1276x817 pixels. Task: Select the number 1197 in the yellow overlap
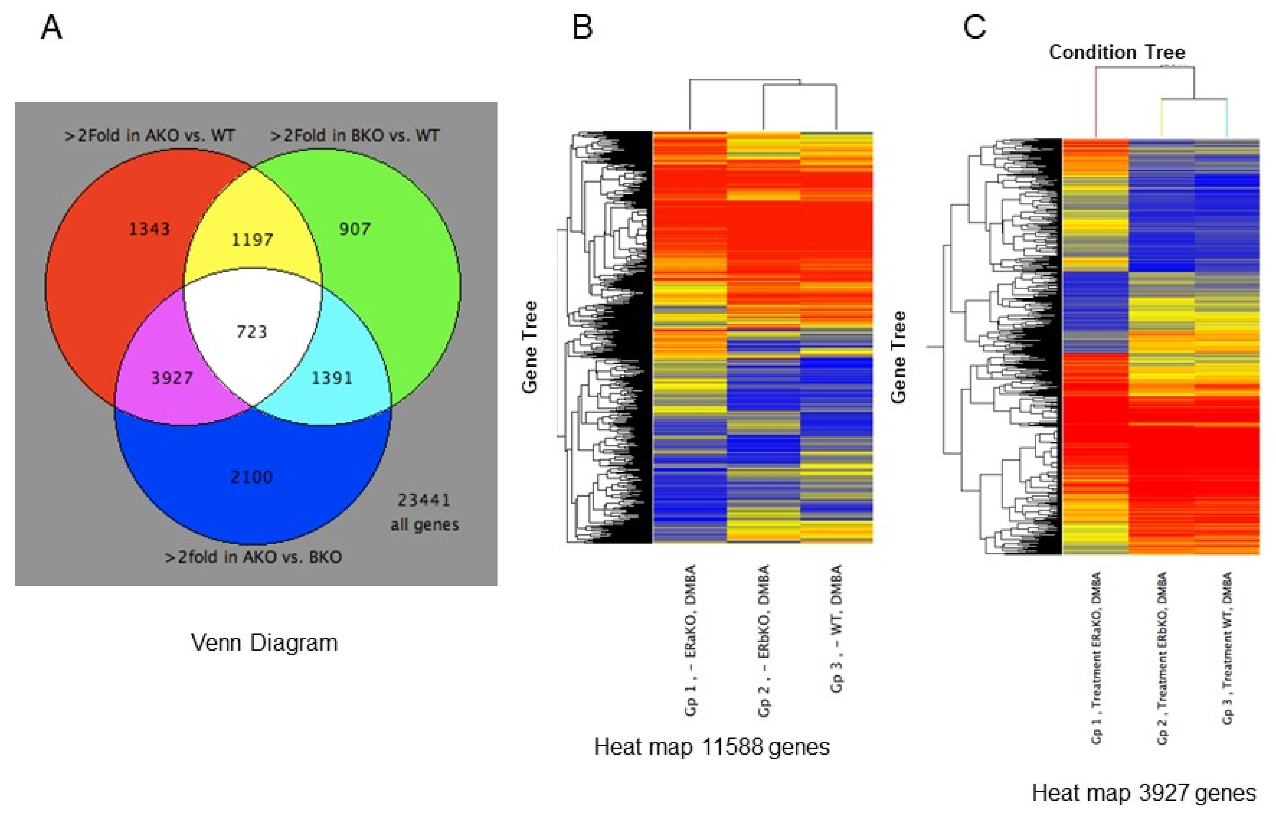click(253, 240)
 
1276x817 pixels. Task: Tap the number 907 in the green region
click(355, 229)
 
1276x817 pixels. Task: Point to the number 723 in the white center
click(252, 332)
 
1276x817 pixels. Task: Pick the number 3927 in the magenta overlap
click(172, 378)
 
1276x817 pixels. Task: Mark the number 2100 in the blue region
click(251, 477)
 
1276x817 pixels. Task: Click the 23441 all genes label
click(424, 512)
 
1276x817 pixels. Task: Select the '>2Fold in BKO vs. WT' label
click(355, 136)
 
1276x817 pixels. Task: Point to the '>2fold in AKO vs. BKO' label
click(253, 557)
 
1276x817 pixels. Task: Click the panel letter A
click(52, 28)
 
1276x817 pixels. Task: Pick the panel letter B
click(582, 28)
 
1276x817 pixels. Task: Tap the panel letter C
click(974, 28)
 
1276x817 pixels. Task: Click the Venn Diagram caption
click(264, 642)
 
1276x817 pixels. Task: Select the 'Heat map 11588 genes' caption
click(712, 747)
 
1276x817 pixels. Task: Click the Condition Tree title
click(1117, 52)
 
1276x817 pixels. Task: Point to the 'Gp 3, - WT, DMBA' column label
click(836, 629)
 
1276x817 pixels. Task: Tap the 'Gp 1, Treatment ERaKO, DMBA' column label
click(1096, 658)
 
